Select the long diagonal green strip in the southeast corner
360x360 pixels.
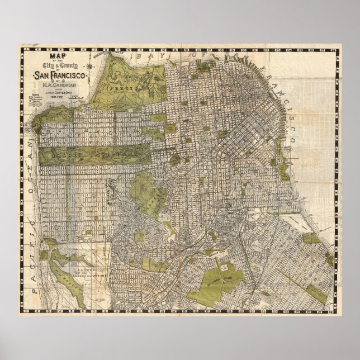310,285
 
